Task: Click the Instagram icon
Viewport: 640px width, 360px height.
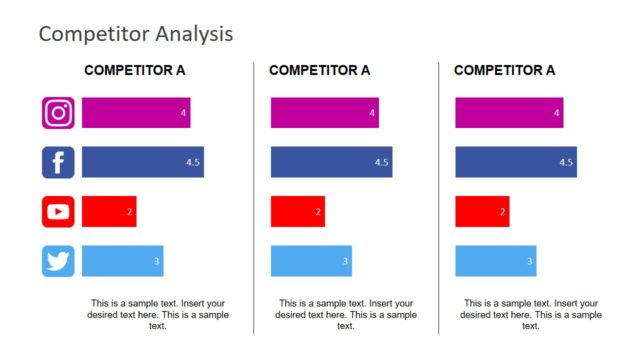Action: pyautogui.click(x=58, y=113)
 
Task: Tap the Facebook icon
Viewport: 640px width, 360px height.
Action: pyautogui.click(x=58, y=162)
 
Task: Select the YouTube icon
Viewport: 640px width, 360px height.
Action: pyautogui.click(x=58, y=211)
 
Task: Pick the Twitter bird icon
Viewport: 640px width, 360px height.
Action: pyautogui.click(x=58, y=261)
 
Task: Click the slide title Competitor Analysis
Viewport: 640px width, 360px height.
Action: pyautogui.click(x=135, y=33)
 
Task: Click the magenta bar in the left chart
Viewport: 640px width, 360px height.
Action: pyautogui.click(x=135, y=113)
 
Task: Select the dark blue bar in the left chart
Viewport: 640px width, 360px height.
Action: pyautogui.click(x=142, y=162)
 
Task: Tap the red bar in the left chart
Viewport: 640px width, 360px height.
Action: pyautogui.click(x=108, y=211)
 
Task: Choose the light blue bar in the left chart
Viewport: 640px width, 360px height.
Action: pyautogui.click(x=122, y=261)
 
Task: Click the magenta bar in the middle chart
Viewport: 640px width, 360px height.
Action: pyautogui.click(x=324, y=113)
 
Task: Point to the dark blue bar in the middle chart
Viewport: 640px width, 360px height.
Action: pyautogui.click(x=331, y=162)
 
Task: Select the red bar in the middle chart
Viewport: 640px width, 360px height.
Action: pyautogui.click(x=297, y=211)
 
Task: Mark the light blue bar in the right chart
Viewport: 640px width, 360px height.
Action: pyautogui.click(x=495, y=261)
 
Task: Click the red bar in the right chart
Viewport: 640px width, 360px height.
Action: pyautogui.click(x=481, y=211)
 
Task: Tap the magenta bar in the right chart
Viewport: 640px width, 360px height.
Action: pyautogui.click(x=508, y=113)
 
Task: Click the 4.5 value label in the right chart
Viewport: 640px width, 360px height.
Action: pyautogui.click(x=566, y=162)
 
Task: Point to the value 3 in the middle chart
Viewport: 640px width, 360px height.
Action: pyautogui.click(x=345, y=262)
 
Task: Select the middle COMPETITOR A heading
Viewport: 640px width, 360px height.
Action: pyautogui.click(x=319, y=70)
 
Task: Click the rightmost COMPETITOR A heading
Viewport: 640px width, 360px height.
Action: pyautogui.click(x=504, y=70)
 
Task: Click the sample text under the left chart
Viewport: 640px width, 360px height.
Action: pyautogui.click(x=158, y=314)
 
